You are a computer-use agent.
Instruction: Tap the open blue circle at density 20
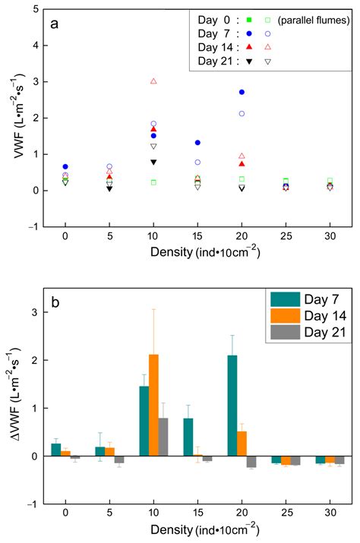pyautogui.click(x=242, y=113)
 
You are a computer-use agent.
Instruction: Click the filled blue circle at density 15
pyautogui.click(x=197, y=143)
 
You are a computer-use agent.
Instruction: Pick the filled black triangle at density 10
pyautogui.click(x=153, y=162)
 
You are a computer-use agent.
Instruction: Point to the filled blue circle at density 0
pyautogui.click(x=65, y=166)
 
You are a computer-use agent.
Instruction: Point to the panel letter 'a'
pyautogui.click(x=54, y=23)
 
